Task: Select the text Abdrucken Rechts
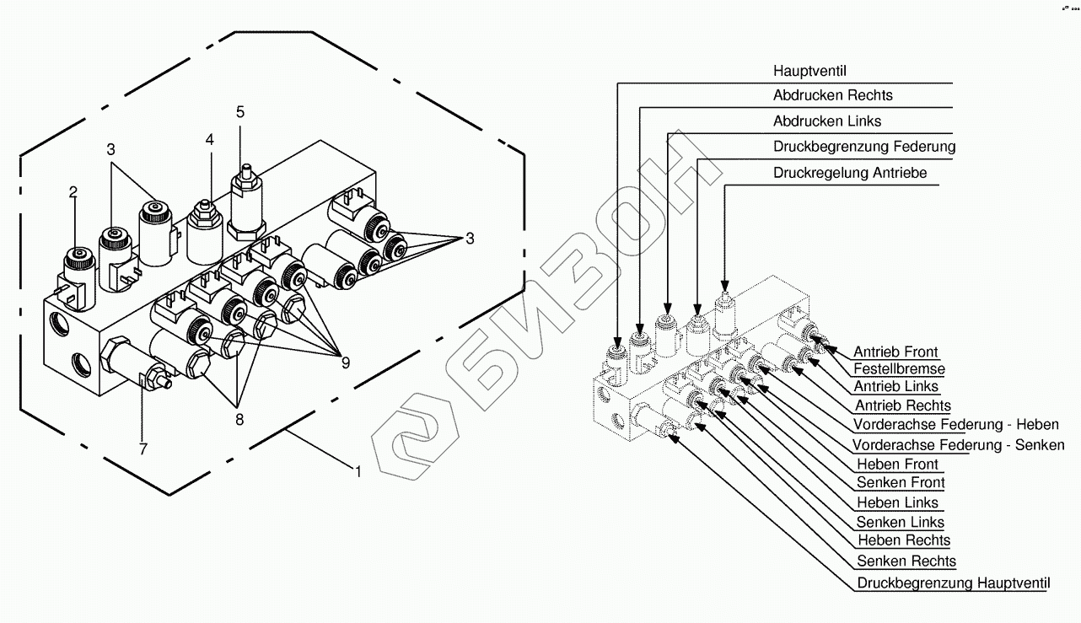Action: tap(832, 96)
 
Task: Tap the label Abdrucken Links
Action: tap(826, 121)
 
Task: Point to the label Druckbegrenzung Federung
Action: tap(864, 147)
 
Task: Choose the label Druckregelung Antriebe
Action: tap(850, 173)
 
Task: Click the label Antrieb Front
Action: tap(895, 352)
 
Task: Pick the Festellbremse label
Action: tap(899, 369)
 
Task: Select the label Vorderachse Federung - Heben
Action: tap(955, 425)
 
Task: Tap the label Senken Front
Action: tap(900, 483)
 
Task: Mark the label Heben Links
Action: tap(897, 503)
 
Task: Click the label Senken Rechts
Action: tap(906, 561)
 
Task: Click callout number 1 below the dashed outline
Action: tap(358, 473)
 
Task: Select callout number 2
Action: tap(73, 192)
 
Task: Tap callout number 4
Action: tap(210, 139)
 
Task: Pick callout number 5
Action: tap(240, 111)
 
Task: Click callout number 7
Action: tap(143, 450)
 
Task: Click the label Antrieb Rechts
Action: tap(901, 406)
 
